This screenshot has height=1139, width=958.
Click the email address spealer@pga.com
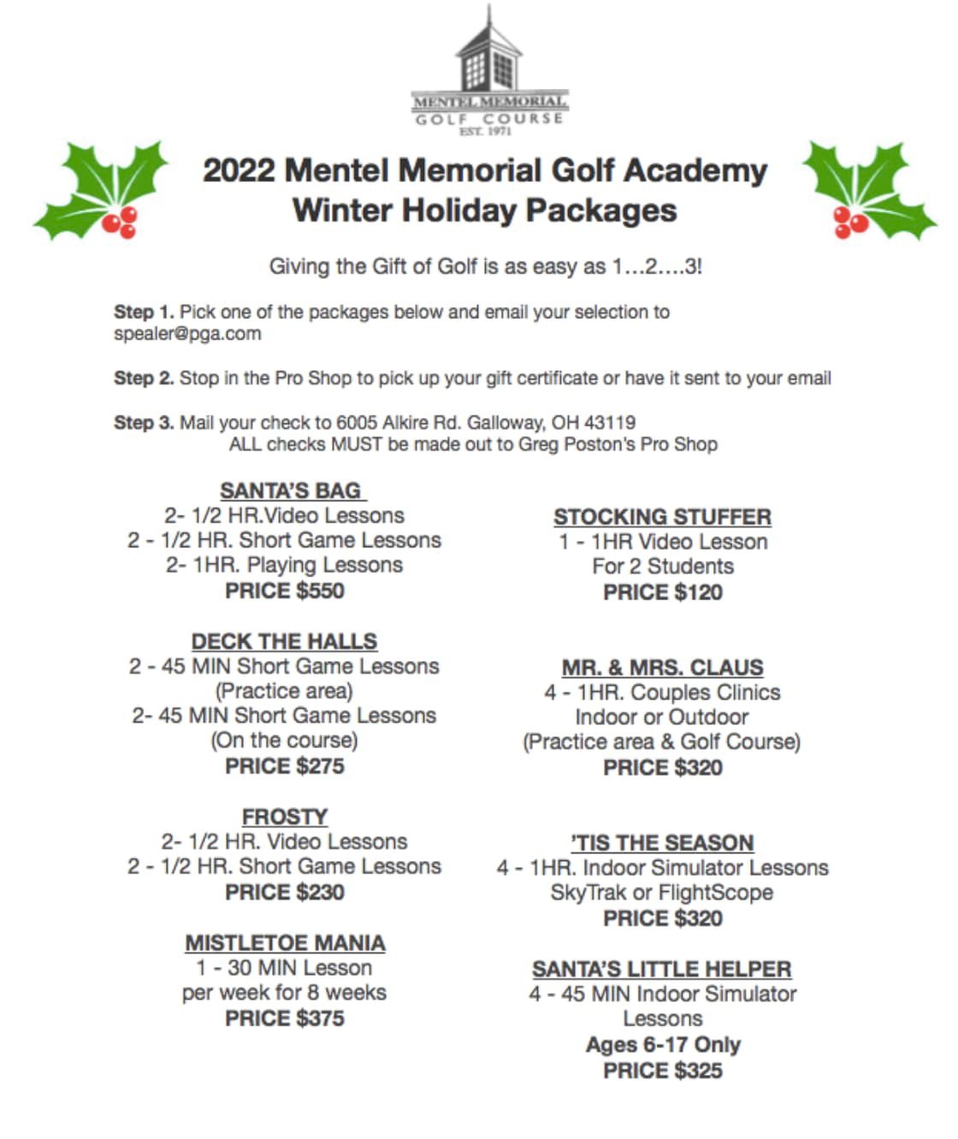(187, 334)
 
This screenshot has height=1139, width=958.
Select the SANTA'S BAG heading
(291, 491)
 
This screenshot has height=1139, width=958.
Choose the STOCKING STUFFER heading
(662, 517)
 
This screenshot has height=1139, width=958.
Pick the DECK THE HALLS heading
(284, 641)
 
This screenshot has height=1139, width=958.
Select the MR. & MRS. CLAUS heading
(662, 668)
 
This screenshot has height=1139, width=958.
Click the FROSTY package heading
(285, 817)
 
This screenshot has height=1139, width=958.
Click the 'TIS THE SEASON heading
(662, 843)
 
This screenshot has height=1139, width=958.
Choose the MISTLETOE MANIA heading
(285, 943)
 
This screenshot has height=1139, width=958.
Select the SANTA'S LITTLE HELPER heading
(662, 970)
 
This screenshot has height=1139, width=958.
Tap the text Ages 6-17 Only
(663, 1045)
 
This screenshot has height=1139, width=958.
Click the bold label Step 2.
(144, 378)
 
